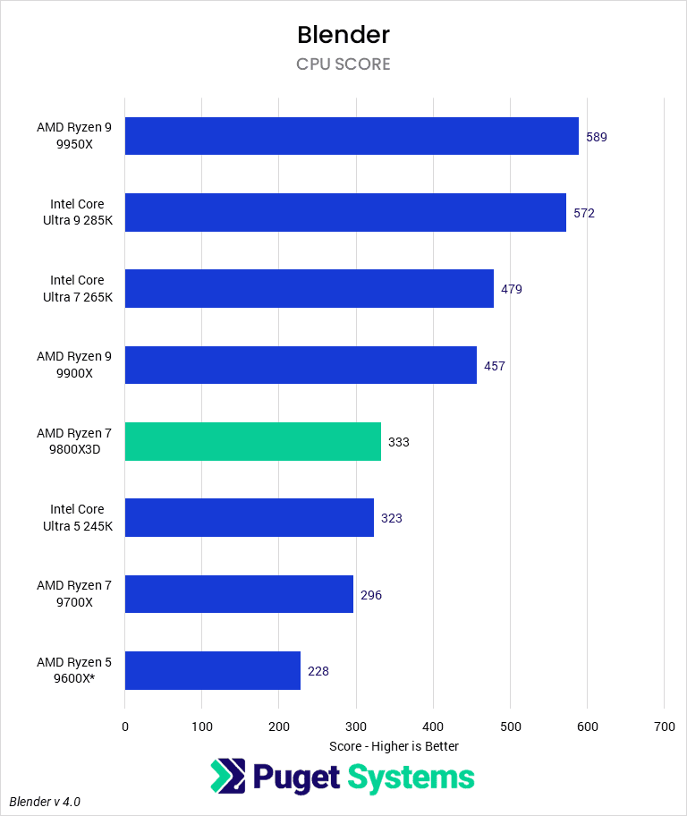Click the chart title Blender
coord(343,35)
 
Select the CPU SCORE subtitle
coord(343,64)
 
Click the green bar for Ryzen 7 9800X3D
coord(252,442)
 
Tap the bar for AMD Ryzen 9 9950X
coord(352,136)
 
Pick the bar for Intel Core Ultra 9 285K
coord(345,213)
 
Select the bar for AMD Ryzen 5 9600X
coord(212,671)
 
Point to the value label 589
coord(597,137)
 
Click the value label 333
coord(399,442)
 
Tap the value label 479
coord(512,289)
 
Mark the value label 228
coord(318,671)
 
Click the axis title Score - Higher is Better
coord(394,746)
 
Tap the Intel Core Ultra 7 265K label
coord(77,289)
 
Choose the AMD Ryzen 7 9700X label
coord(74,594)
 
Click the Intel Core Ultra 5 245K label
coord(77,518)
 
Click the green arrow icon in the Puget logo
coord(227,777)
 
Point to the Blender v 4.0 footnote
coord(45,802)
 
